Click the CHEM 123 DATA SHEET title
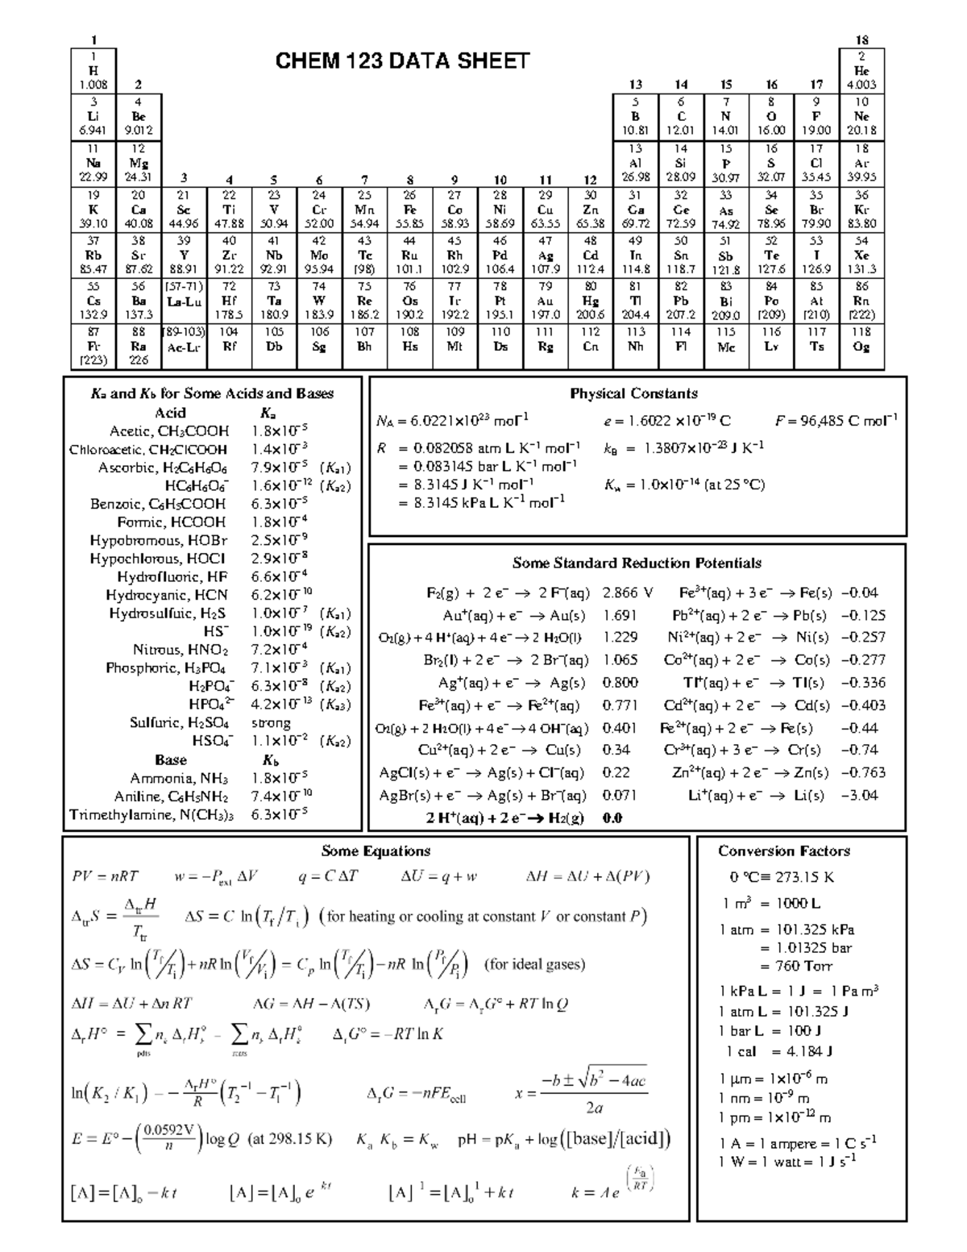402,61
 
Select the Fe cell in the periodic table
409,210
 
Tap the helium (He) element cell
861,70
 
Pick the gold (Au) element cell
546,301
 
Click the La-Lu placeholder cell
185,301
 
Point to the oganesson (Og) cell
861,347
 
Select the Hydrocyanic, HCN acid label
167,595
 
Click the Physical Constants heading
633,393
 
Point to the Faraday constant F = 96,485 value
836,420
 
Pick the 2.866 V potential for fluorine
627,593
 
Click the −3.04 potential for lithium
860,795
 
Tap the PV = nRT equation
105,876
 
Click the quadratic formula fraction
594,1093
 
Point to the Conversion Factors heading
783,851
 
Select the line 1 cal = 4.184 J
778,1051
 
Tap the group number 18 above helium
861,40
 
